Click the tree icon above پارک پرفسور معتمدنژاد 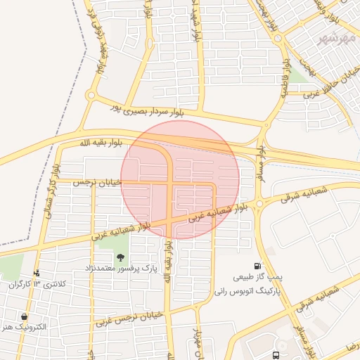(120, 257)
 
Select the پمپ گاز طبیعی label (259, 278)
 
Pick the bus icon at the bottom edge (275, 355)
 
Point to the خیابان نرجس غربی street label (133, 318)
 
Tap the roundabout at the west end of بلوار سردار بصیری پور (91, 96)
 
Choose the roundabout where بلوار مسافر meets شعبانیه (259, 203)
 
